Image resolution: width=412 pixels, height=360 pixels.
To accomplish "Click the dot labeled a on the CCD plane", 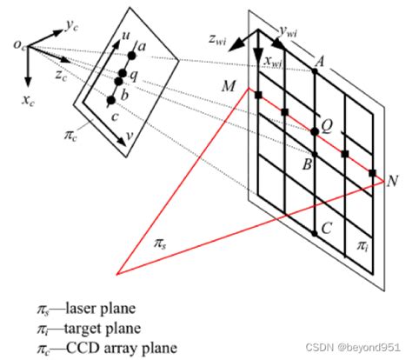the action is (x=131, y=56).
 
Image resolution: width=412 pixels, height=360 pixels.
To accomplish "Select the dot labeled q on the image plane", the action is (x=123, y=73).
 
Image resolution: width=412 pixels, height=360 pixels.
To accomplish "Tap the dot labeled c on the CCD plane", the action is (x=111, y=100).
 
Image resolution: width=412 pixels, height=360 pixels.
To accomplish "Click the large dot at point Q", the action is (x=315, y=132).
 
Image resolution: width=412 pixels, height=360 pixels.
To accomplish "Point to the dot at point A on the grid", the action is (x=315, y=70).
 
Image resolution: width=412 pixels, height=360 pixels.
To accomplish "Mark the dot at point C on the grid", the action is (x=315, y=233).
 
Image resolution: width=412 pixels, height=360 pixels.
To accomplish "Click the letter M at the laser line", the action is (x=229, y=86).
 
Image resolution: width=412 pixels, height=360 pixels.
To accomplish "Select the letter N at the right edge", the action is (x=392, y=181).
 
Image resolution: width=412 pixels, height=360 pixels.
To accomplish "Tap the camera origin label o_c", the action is (x=20, y=45).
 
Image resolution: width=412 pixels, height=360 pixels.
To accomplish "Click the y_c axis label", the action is (x=71, y=26).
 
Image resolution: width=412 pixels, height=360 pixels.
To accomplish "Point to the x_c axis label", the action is (x=28, y=100).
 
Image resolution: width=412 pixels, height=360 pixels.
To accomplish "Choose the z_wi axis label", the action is (x=217, y=38).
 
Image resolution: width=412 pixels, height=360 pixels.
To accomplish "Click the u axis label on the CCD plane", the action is (x=126, y=36).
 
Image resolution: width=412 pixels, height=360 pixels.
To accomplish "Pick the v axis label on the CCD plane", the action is (x=130, y=136).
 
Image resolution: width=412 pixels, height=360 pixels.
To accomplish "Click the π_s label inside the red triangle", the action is (x=160, y=243).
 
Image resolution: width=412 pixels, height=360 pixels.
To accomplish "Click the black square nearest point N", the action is (x=372, y=173).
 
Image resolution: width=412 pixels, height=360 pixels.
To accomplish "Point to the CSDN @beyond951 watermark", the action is (x=353, y=347).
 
